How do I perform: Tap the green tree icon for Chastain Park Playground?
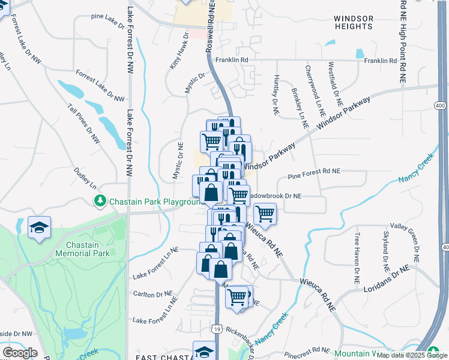click(x=101, y=200)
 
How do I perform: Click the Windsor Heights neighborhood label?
click(x=353, y=23)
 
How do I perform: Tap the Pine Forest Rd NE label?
click(x=314, y=171)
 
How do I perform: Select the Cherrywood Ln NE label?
click(x=314, y=91)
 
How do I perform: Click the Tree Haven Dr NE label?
click(x=357, y=258)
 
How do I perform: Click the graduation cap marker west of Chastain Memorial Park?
click(x=40, y=227)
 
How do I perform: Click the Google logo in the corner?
click(x=20, y=352)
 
